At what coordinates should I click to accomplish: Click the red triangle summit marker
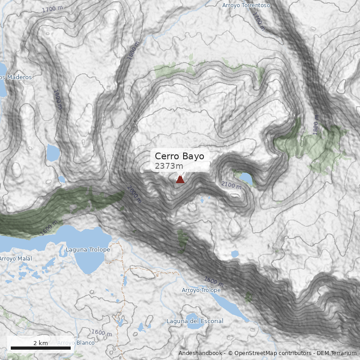pos(180,180)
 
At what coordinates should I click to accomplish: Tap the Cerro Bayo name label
pos(179,156)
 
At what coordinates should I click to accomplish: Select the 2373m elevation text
pos(169,166)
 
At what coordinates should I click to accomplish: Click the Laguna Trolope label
pos(88,250)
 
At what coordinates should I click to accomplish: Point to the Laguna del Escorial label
pos(194,321)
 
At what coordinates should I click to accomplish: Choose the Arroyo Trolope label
pos(201,290)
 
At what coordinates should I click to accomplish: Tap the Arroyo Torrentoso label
pos(246,5)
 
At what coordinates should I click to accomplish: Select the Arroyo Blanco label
pos(76,343)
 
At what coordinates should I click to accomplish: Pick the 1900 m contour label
pos(58,99)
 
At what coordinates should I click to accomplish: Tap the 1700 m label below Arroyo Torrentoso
pos(256,19)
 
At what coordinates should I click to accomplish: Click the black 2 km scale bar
pos(40,348)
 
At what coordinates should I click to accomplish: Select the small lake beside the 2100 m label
pos(246,178)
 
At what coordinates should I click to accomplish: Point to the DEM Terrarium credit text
pos(336,353)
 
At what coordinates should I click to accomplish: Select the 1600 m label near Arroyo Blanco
pos(101,333)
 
